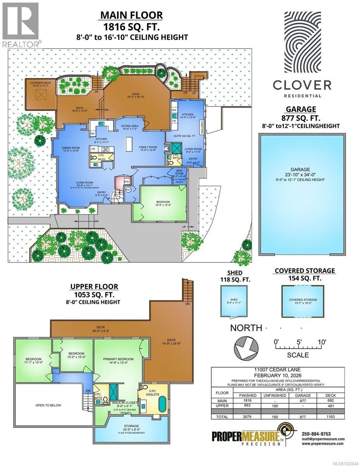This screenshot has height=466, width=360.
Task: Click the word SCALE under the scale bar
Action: [x=298, y=355]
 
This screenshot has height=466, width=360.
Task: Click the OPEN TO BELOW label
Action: [x=48, y=405]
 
